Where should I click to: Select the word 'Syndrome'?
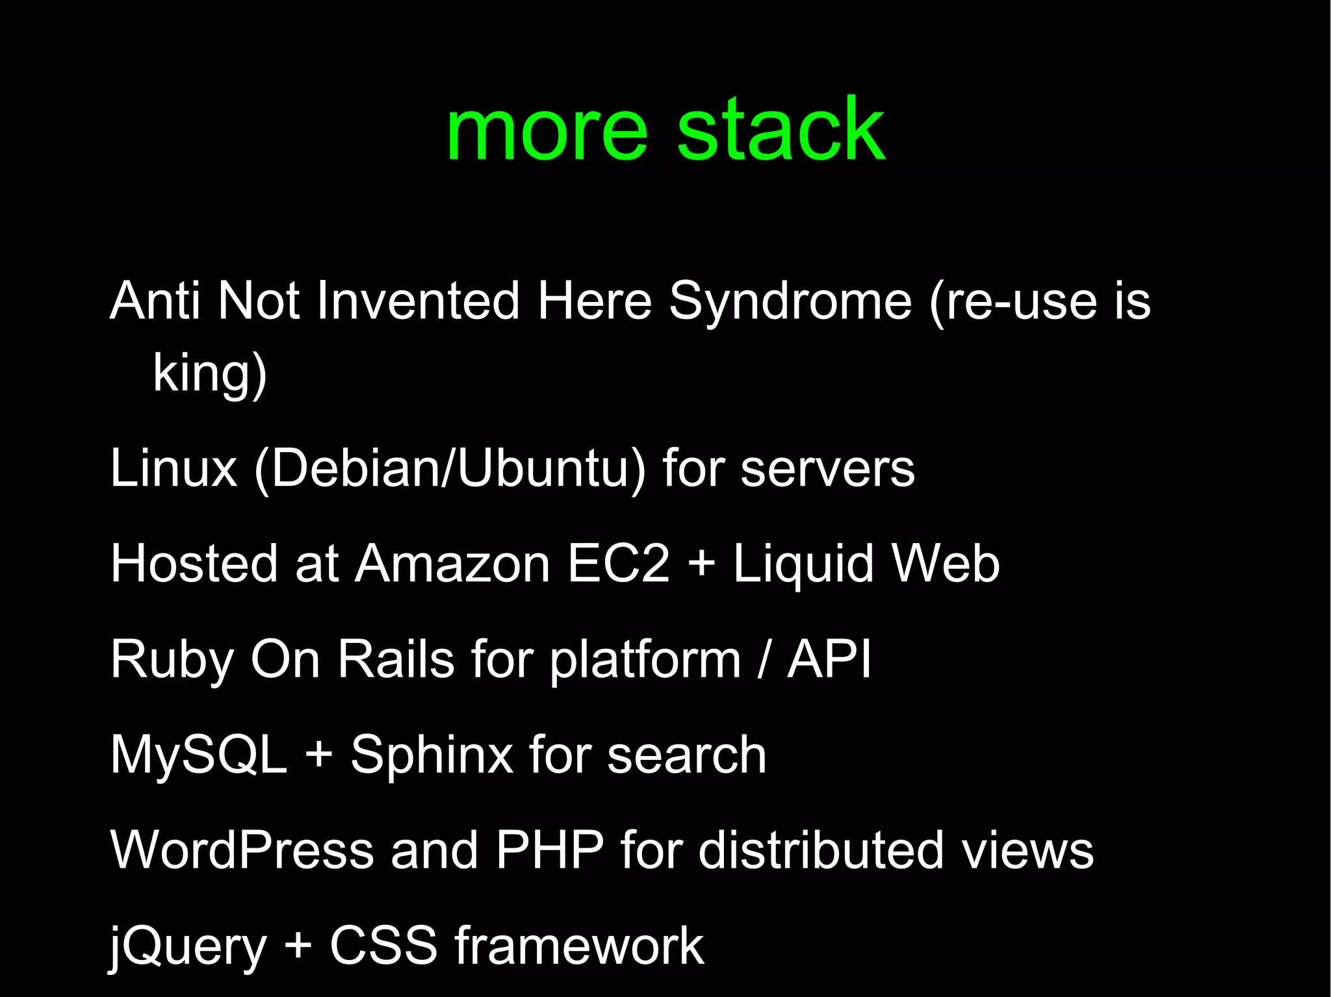pyautogui.click(x=790, y=302)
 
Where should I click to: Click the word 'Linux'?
pyautogui.click(x=174, y=469)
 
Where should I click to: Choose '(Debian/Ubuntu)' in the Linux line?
pyautogui.click(x=450, y=469)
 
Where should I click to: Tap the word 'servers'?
pyautogui.click(x=827, y=469)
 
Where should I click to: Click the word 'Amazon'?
pyautogui.click(x=453, y=564)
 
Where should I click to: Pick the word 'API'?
pyautogui.click(x=829, y=659)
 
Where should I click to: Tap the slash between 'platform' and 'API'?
pyautogui.click(x=764, y=659)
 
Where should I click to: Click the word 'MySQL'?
pyautogui.click(x=198, y=755)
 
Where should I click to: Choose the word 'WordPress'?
pyautogui.click(x=242, y=850)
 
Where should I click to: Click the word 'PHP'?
pyautogui.click(x=550, y=850)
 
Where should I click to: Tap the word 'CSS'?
pyautogui.click(x=383, y=946)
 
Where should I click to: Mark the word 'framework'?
pyautogui.click(x=579, y=946)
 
